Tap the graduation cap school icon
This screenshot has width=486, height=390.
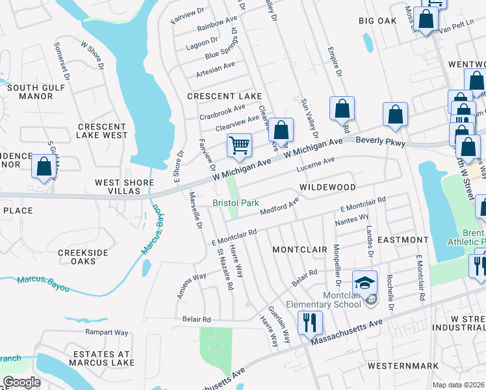[x=364, y=282]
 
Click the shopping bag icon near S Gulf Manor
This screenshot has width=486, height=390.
[x=44, y=166]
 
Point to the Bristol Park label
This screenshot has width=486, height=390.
[x=236, y=203]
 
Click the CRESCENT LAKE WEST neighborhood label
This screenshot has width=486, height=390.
[x=102, y=131]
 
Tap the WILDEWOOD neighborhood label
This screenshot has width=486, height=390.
[x=327, y=187]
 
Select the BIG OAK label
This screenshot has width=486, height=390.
[x=377, y=21]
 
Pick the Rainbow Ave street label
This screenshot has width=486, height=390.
[x=217, y=25]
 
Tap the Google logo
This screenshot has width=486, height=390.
[x=22, y=382]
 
